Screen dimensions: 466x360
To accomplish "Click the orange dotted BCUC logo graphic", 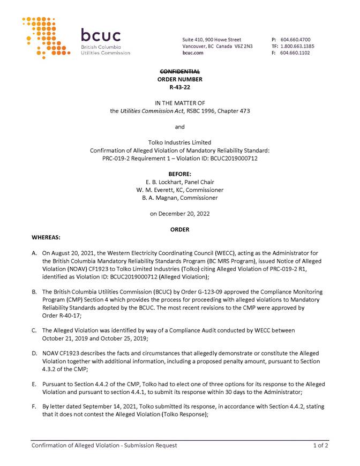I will point(46,37).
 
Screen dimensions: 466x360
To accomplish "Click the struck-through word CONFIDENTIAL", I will point(180,72).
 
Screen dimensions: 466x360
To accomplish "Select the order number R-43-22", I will point(180,86).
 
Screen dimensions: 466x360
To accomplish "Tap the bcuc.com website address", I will point(193,53).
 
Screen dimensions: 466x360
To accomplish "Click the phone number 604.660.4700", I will point(295,40).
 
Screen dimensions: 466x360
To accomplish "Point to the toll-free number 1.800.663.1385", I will point(297,46).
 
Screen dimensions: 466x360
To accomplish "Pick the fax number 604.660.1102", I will point(295,53).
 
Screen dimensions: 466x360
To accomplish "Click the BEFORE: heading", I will point(180,175).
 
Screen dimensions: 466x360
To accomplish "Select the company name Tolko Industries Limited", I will point(180,142).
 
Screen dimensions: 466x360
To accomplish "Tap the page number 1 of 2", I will point(321,445).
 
